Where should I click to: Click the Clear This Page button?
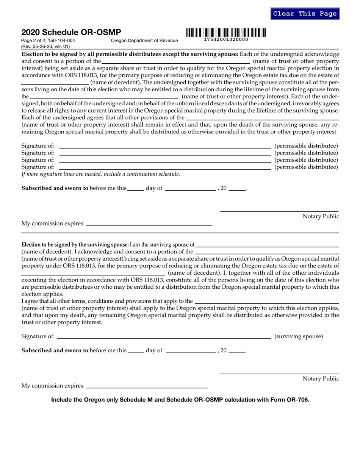click(x=305, y=14)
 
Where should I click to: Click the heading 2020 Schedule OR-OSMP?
click(x=71, y=33)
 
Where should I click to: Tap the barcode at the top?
click(x=226, y=33)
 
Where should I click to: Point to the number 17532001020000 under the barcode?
click(x=226, y=39)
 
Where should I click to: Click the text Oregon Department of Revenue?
click(x=144, y=41)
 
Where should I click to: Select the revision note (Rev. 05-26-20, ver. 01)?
click(x=45, y=47)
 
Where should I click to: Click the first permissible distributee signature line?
click(x=165, y=146)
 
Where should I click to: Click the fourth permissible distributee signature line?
click(x=165, y=167)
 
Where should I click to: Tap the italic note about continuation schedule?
click(x=100, y=174)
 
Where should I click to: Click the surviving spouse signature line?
click(x=164, y=336)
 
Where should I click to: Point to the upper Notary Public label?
click(x=321, y=216)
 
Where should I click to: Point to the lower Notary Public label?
click(x=321, y=378)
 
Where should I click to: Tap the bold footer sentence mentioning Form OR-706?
click(x=180, y=399)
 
